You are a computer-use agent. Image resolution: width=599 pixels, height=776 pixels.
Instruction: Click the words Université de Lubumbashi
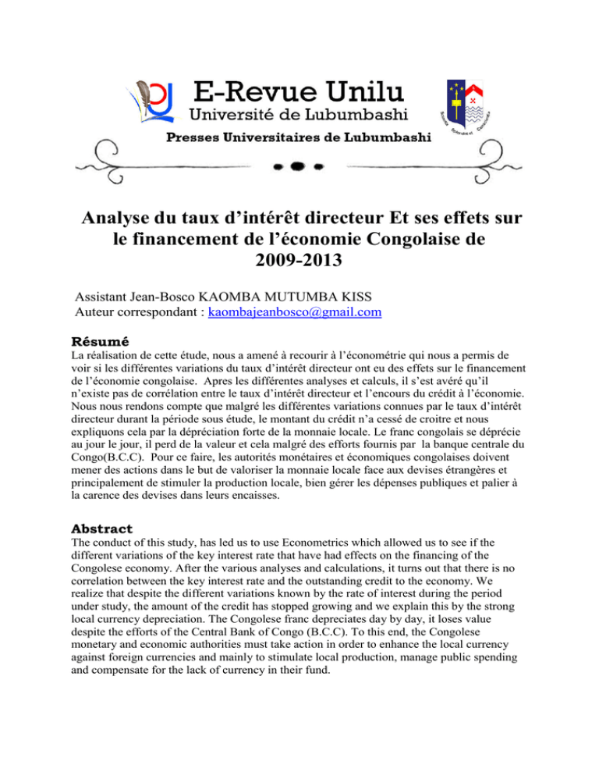pos(299,118)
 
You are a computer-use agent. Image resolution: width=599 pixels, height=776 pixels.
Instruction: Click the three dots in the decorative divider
pos(299,167)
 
